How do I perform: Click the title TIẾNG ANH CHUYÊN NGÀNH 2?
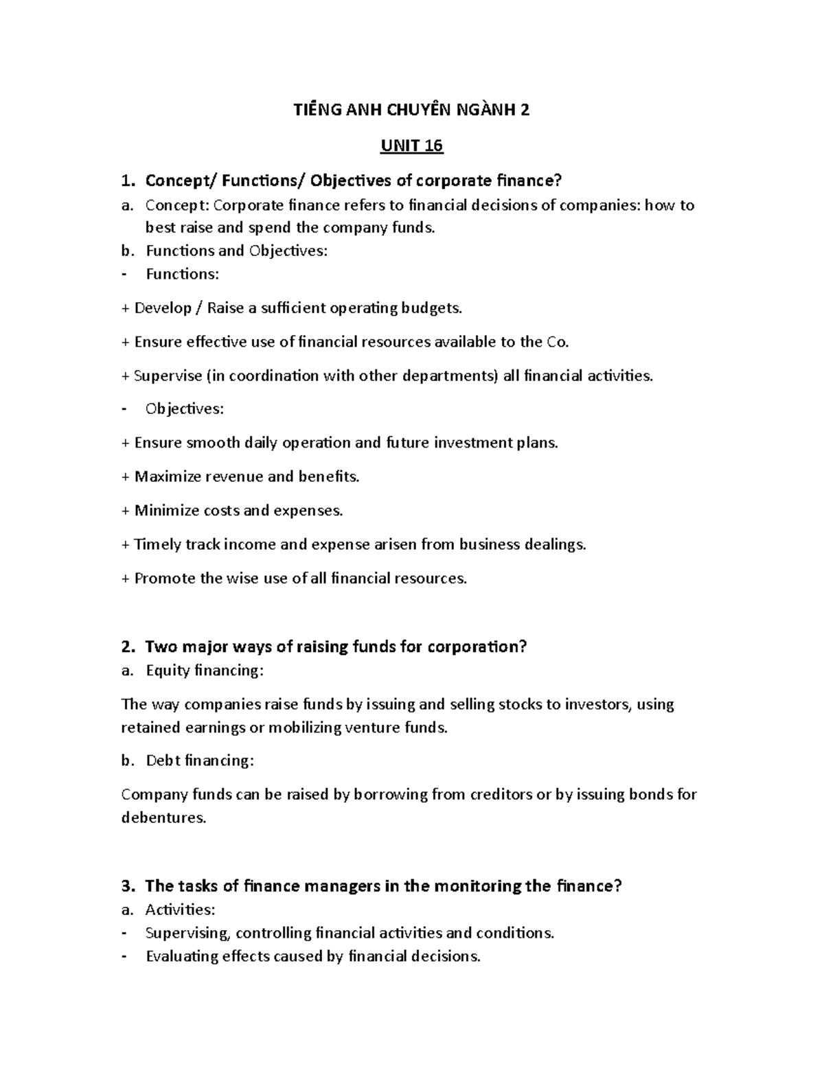411,111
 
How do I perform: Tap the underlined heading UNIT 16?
411,146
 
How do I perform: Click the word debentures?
163,818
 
